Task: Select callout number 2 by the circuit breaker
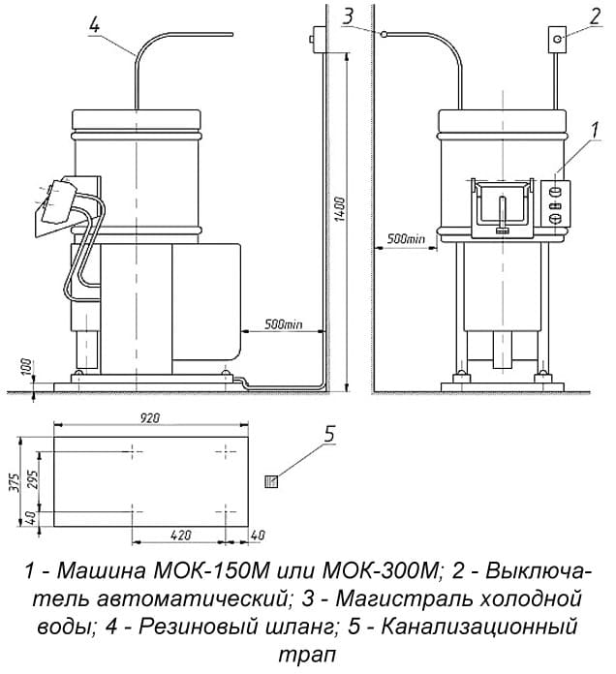coord(595,16)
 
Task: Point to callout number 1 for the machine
coord(595,130)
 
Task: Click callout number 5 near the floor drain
coord(329,435)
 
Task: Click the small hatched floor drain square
coord(271,481)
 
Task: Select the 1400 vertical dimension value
coord(340,209)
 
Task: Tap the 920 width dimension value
coord(150,417)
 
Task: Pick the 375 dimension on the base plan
coord(15,482)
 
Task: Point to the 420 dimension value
coord(181,536)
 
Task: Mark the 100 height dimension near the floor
coord(27,366)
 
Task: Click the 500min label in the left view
coord(283,323)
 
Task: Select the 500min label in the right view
coord(406,239)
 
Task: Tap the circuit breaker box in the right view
coord(557,40)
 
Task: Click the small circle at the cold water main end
coord(383,33)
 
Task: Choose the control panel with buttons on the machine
coord(555,203)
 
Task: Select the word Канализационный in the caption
coord(479,628)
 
